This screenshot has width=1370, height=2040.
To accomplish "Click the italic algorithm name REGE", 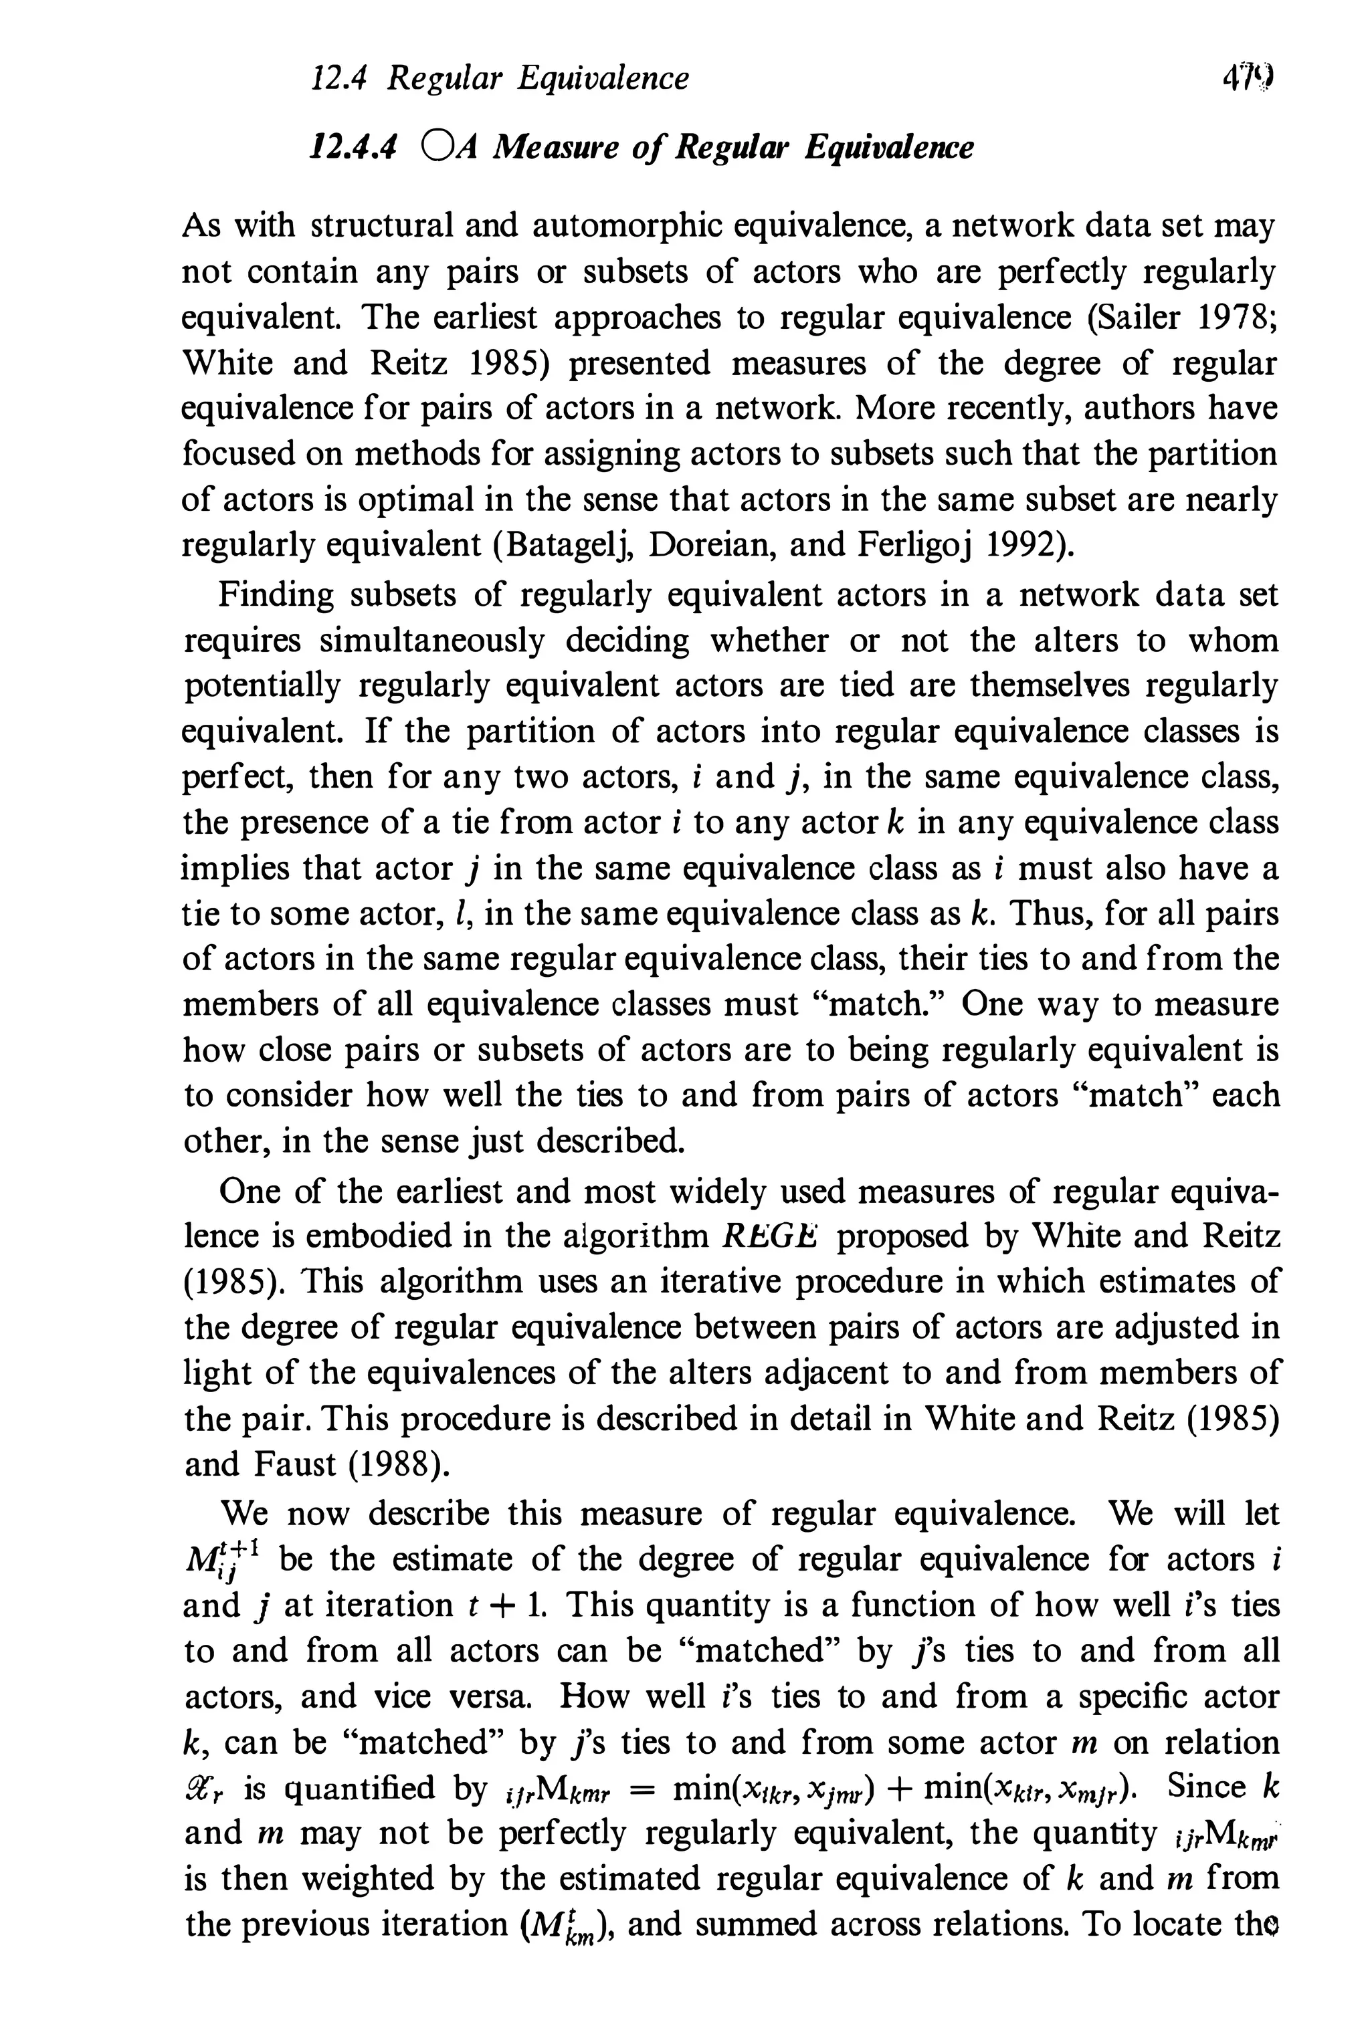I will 770,1236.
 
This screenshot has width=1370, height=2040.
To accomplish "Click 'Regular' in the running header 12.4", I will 445,80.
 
